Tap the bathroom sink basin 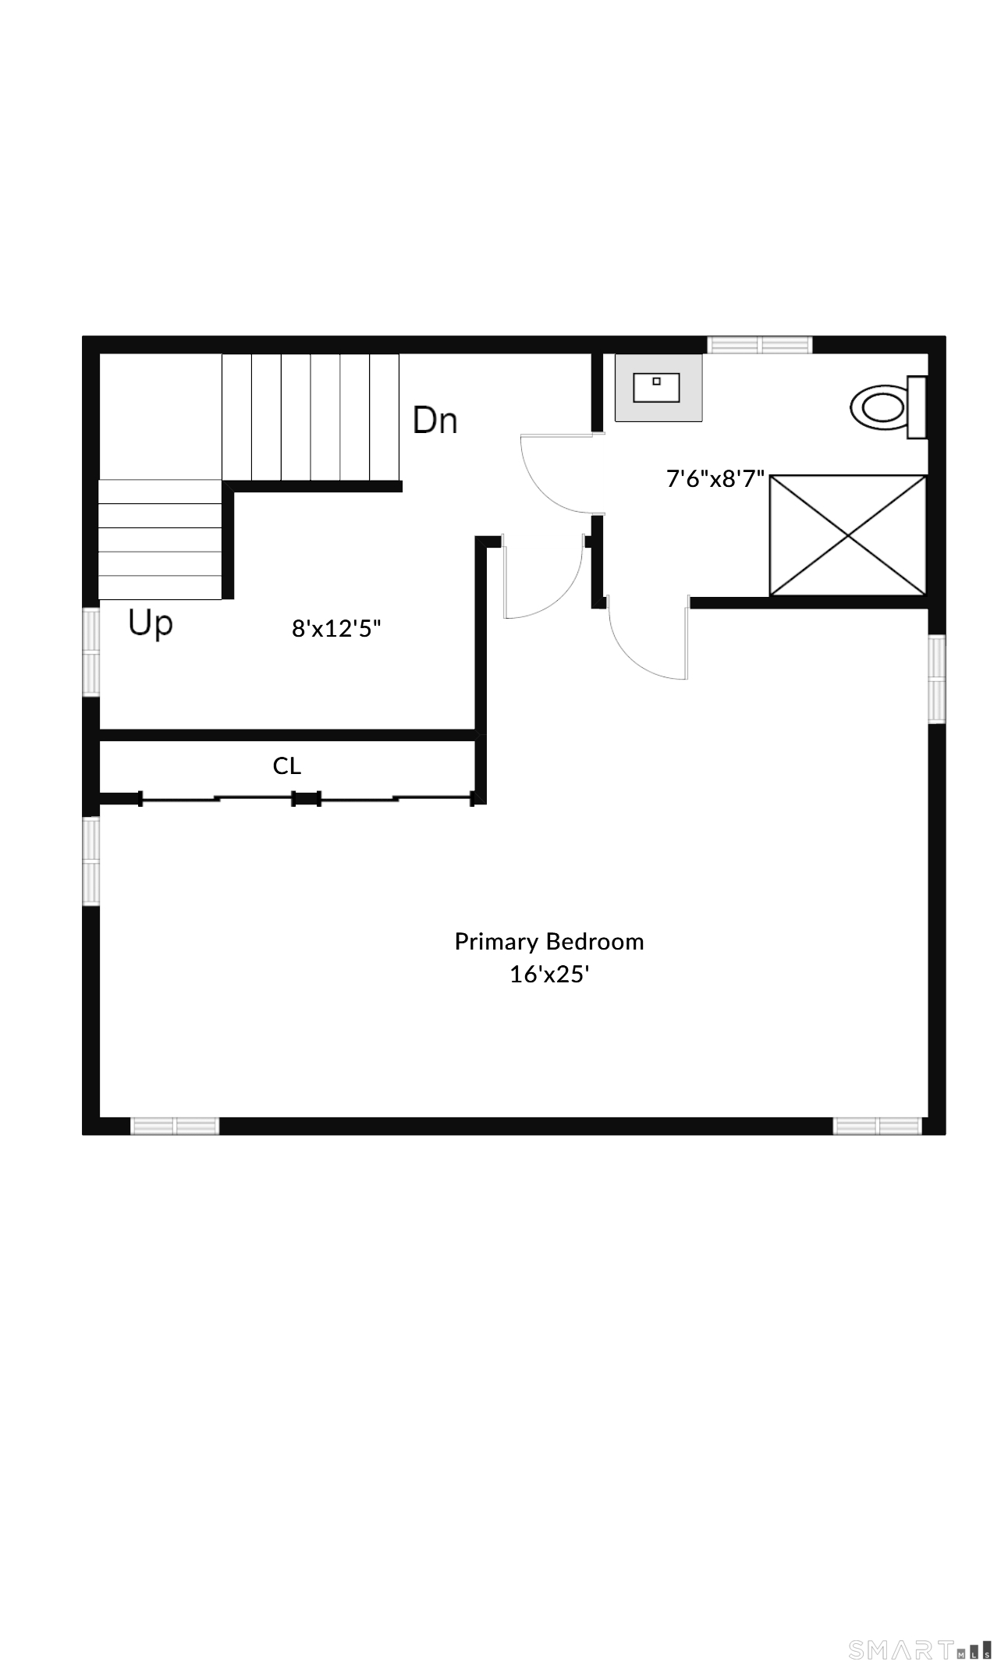point(656,388)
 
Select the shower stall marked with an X point(848,535)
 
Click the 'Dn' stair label point(435,420)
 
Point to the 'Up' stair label point(151,624)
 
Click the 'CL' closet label point(287,766)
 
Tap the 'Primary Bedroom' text point(549,942)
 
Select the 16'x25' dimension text point(548,975)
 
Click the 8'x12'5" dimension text point(336,628)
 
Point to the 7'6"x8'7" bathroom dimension point(715,478)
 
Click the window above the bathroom point(760,344)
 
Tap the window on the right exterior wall point(936,679)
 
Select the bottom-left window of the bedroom point(175,1126)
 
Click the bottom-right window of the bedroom point(878,1126)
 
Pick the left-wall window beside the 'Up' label point(91,652)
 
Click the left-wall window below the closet point(91,861)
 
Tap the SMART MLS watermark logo point(921,1649)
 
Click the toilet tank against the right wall point(917,407)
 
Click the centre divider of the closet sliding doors point(306,798)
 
